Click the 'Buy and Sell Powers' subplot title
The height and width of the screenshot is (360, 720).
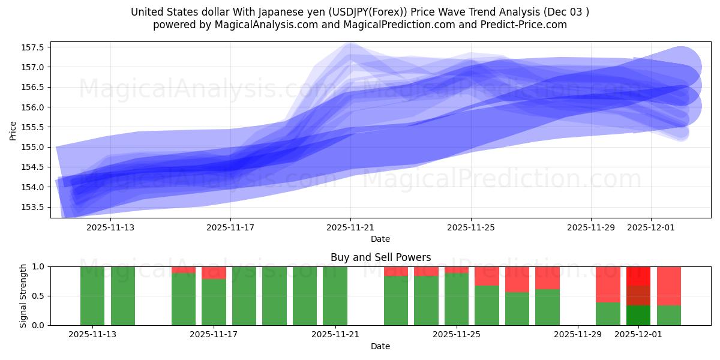(x=380, y=257)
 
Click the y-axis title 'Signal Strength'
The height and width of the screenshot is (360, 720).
(x=24, y=296)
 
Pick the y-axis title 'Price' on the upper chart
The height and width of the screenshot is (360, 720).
(x=13, y=130)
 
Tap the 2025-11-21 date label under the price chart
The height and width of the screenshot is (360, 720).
(x=351, y=227)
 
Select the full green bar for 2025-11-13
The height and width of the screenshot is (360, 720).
(x=92, y=296)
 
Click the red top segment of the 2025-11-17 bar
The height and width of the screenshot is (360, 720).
(x=214, y=272)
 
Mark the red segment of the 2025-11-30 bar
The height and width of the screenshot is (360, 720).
(x=608, y=284)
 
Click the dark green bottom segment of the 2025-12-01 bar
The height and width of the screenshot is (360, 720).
(x=638, y=316)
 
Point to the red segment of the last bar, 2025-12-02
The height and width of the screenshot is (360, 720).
(x=668, y=286)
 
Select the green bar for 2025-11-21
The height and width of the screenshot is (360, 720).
(x=335, y=296)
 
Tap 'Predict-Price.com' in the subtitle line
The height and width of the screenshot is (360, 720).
(x=526, y=25)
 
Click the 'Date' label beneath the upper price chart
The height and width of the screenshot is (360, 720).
(x=380, y=239)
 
